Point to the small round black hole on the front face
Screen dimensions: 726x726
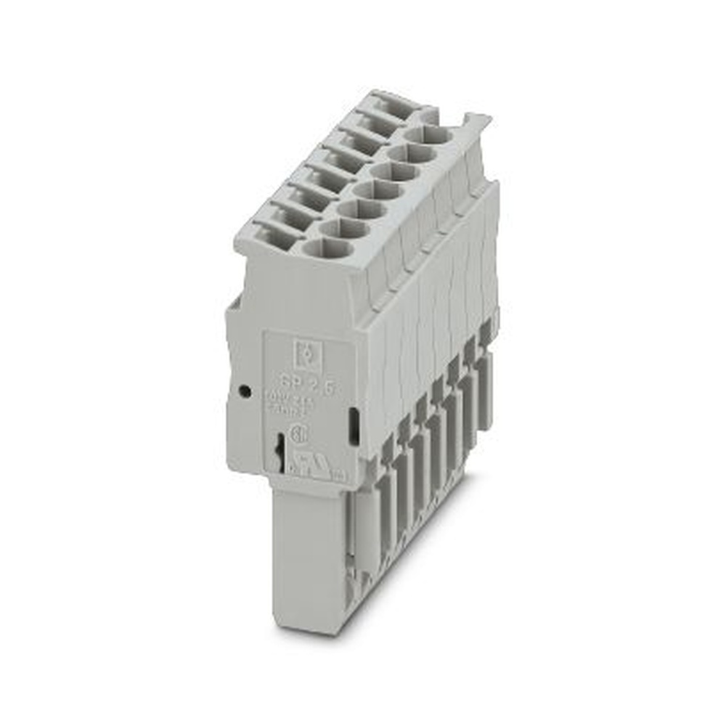pyautogui.click(x=245, y=391)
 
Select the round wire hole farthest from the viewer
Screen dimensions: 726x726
pyautogui.click(x=429, y=136)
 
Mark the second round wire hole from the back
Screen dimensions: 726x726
pyautogui.click(x=412, y=153)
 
